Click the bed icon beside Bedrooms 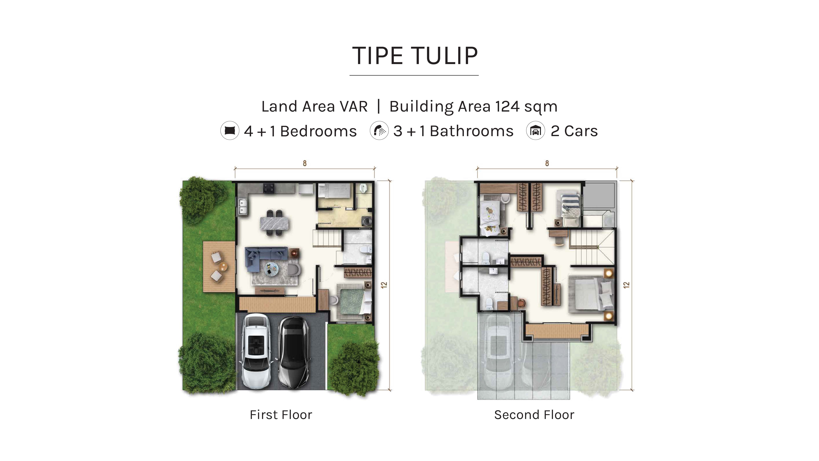230,130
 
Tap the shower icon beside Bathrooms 379,130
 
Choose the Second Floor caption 534,415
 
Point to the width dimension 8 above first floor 305,163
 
